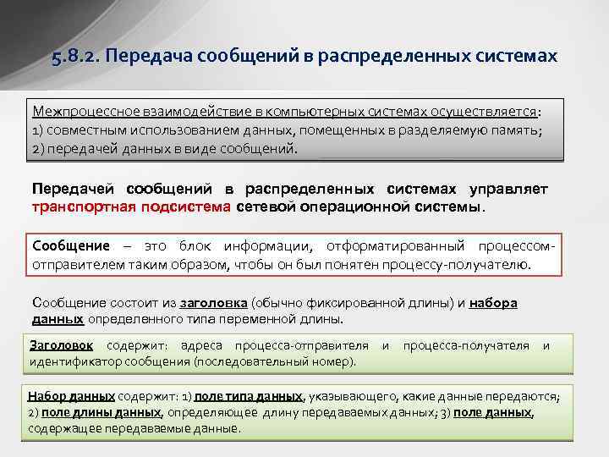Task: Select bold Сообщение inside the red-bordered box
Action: point(71,246)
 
